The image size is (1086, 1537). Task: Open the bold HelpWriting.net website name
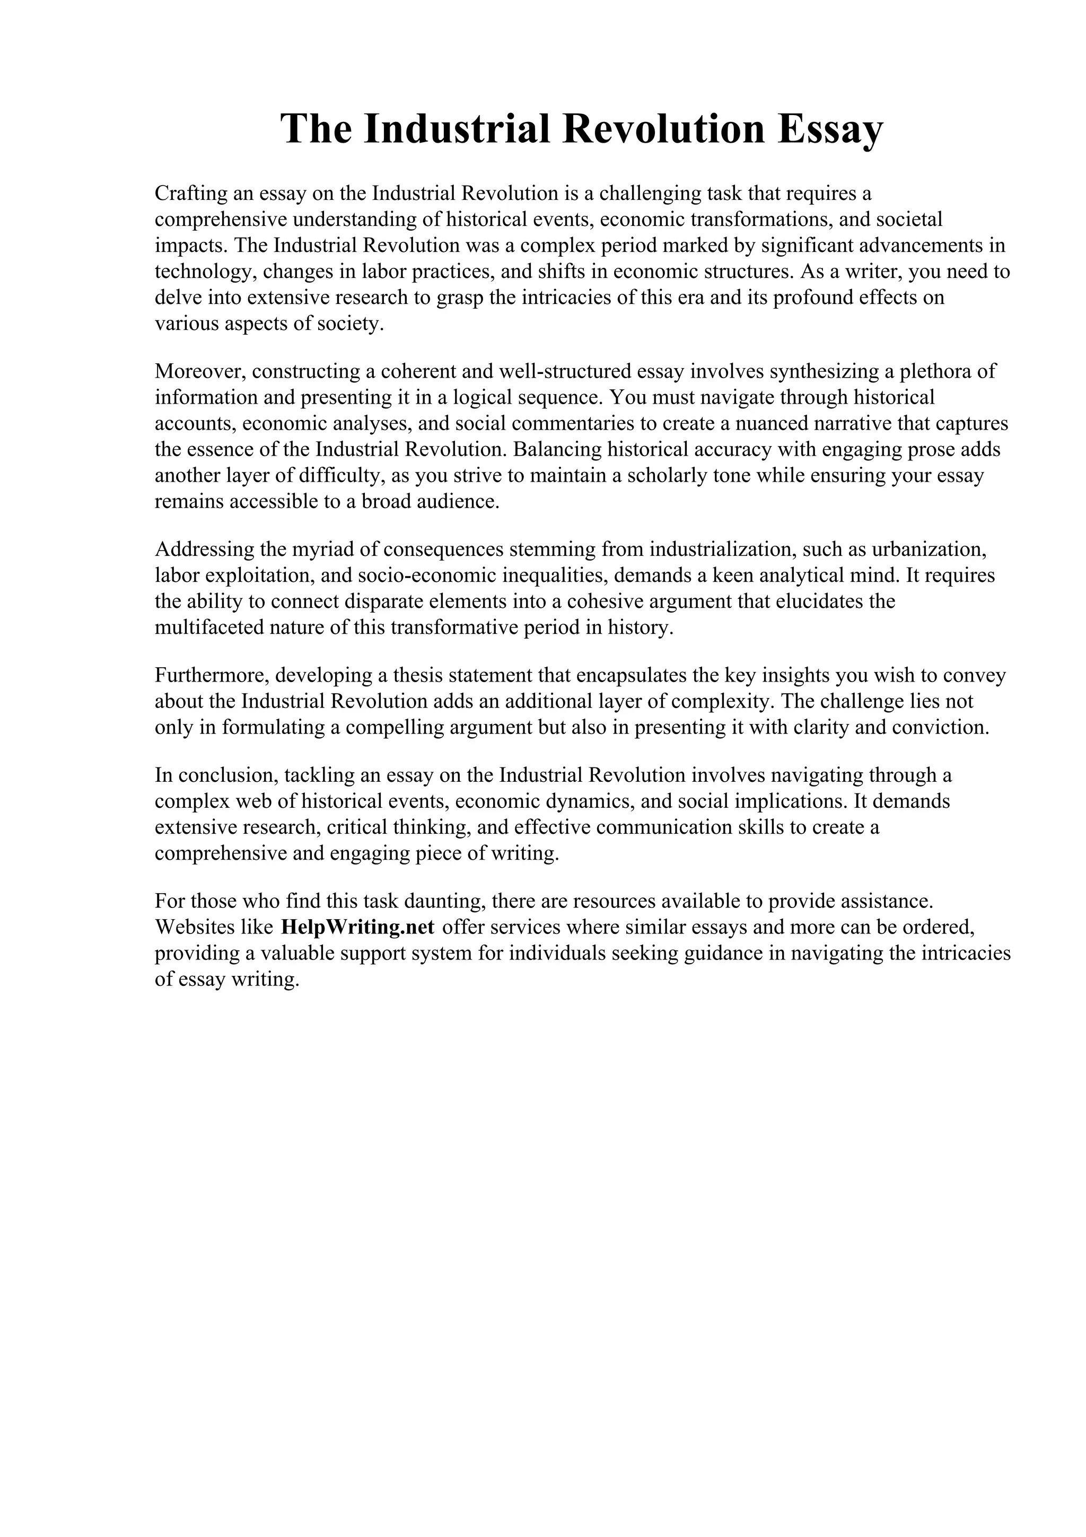click(x=358, y=927)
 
